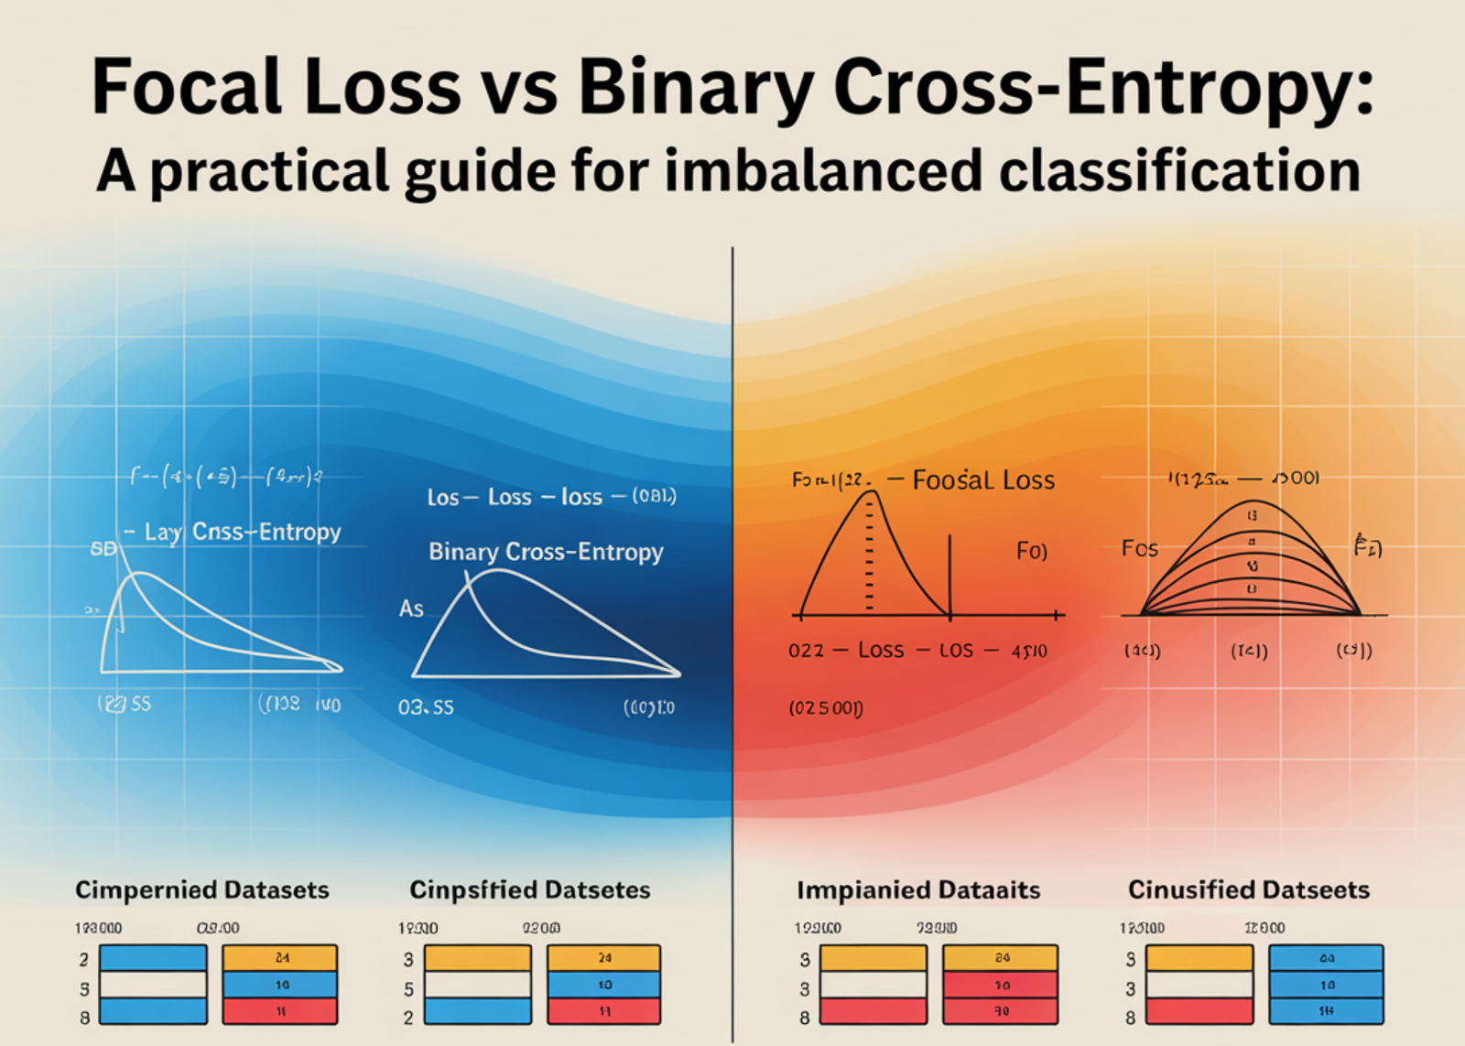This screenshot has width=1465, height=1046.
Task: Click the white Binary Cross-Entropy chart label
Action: (546, 552)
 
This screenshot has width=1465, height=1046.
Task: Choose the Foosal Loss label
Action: (983, 480)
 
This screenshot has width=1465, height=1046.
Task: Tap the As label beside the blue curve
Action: (411, 609)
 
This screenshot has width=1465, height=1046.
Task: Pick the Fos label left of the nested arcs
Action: (1140, 549)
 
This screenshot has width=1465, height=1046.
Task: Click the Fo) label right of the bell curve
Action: (1032, 551)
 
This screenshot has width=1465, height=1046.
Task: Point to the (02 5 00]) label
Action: (826, 707)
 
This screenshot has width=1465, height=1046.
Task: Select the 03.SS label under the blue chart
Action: (426, 707)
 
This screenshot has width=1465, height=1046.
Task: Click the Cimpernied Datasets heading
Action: (202, 890)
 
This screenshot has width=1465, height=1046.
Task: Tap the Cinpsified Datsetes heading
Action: (530, 890)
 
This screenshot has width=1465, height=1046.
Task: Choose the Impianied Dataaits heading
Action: (918, 890)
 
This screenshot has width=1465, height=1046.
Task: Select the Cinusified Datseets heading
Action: (1249, 890)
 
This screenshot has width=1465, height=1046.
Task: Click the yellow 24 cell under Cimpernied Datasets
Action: (280, 958)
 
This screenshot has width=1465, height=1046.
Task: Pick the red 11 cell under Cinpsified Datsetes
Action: (604, 1011)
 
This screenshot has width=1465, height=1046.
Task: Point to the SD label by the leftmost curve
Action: (103, 549)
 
